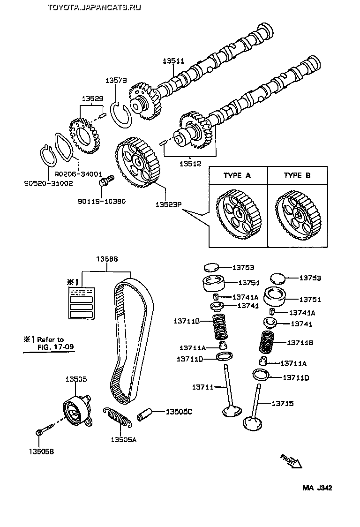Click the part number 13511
(x=173, y=61)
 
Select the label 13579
(x=116, y=81)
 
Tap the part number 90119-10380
(x=102, y=201)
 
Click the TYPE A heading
(x=237, y=176)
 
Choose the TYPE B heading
(x=297, y=176)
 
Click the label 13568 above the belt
(x=107, y=259)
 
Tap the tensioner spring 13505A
(x=117, y=417)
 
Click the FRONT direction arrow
(x=292, y=460)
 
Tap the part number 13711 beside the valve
(x=202, y=387)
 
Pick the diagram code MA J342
(x=317, y=488)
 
